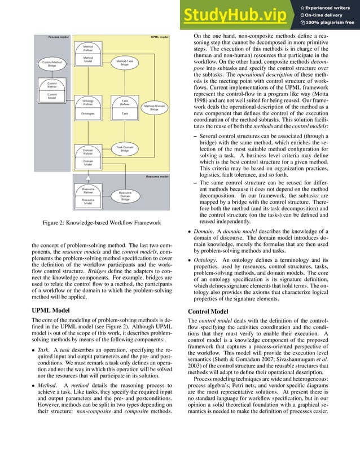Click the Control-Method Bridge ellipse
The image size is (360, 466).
click(x=52, y=63)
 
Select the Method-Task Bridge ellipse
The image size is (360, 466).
click(x=125, y=63)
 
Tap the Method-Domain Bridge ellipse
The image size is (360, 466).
click(x=154, y=108)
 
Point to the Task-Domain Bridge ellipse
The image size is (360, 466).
click(x=125, y=149)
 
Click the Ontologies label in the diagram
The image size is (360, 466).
click(x=87, y=113)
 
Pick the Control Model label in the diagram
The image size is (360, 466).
click(x=51, y=96)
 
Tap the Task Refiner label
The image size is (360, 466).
click(x=125, y=103)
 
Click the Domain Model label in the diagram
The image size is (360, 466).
click(x=88, y=163)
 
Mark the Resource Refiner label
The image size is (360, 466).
click(x=88, y=191)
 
